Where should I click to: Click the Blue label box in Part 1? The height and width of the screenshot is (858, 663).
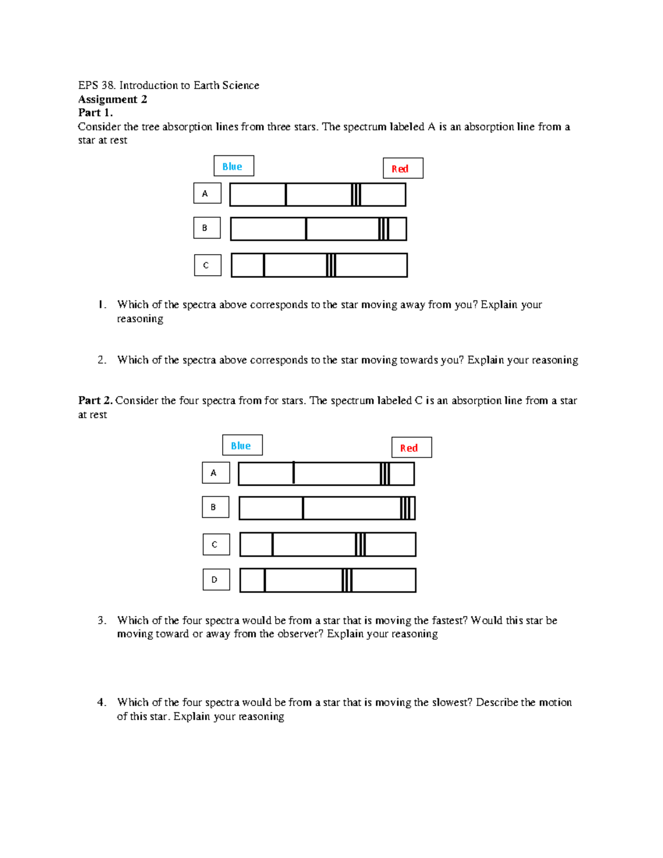click(234, 166)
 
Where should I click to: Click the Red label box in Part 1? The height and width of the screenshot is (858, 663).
click(403, 169)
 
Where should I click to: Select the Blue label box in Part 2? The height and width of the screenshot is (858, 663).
click(242, 445)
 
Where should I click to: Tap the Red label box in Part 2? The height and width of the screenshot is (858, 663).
click(412, 448)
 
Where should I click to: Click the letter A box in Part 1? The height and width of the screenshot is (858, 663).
click(207, 193)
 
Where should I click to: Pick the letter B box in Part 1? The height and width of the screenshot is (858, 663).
click(207, 228)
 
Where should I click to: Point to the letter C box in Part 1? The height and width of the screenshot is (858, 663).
click(207, 265)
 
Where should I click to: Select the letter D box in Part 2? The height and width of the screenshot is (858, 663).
click(216, 580)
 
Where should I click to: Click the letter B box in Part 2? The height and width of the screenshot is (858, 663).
click(215, 507)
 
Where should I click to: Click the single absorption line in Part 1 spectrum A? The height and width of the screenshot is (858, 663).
click(286, 194)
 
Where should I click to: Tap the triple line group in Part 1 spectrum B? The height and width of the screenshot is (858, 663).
click(383, 229)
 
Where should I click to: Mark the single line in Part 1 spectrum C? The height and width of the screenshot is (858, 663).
click(264, 265)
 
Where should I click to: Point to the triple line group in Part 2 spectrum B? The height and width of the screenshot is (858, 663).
click(407, 508)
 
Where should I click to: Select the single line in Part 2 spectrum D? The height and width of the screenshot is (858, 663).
click(265, 580)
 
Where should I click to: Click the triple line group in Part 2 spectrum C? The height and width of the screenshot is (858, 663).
click(360, 545)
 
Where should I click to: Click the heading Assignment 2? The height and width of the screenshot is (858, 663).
click(113, 99)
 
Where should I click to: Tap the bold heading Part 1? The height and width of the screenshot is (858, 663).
click(95, 113)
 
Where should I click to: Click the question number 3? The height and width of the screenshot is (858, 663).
click(102, 620)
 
